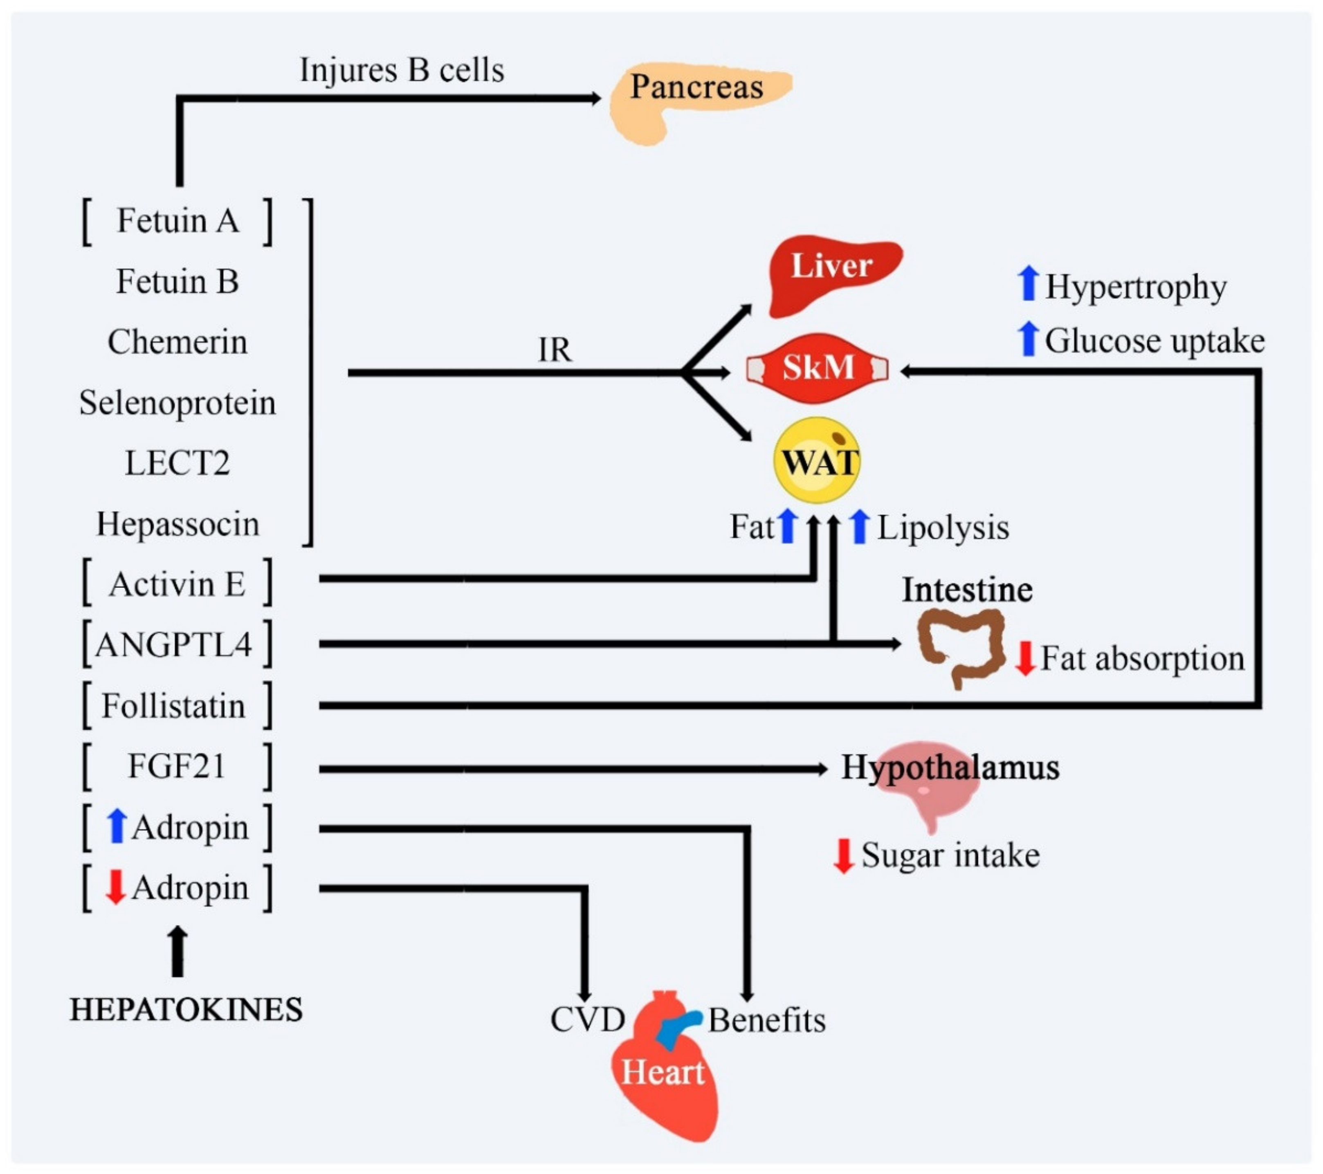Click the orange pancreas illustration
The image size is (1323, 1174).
coord(692,100)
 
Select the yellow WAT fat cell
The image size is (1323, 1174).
coord(817,460)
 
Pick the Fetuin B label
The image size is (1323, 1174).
coord(177,281)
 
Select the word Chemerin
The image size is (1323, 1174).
coord(177,342)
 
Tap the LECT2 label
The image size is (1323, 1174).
coord(177,463)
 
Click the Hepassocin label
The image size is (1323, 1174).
coord(177,524)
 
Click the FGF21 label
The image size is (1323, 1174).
coord(176,766)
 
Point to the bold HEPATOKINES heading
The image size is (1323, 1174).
coord(186,1010)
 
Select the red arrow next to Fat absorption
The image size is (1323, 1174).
coord(1024,659)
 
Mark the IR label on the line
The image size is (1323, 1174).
coord(555,350)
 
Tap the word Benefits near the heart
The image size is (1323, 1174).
coord(767,1021)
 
